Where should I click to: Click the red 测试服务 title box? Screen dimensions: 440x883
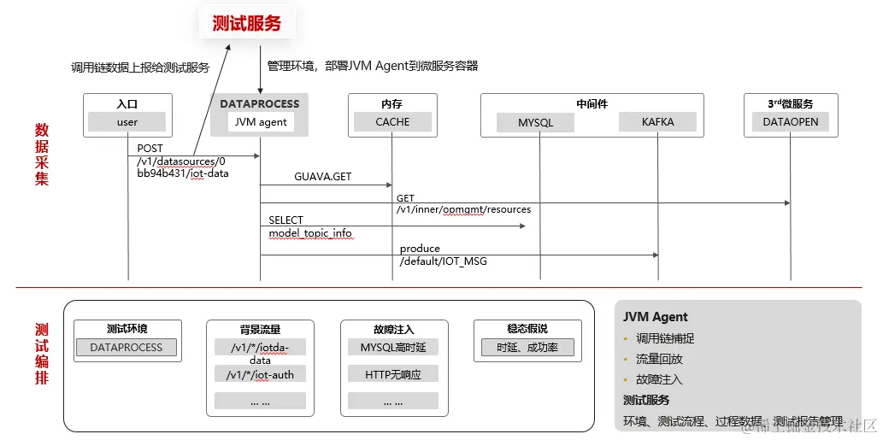[246, 23]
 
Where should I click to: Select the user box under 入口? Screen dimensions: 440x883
[127, 122]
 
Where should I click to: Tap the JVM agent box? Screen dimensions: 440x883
[261, 122]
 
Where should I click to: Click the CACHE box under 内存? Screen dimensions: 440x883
[392, 122]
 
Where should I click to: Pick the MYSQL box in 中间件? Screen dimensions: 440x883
[536, 122]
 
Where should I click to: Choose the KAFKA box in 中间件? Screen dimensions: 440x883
[658, 122]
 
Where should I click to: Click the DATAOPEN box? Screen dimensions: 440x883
[791, 122]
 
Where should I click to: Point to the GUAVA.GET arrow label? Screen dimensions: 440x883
[323, 177]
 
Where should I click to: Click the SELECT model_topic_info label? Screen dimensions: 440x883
[309, 226]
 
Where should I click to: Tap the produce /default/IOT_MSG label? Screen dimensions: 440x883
[443, 255]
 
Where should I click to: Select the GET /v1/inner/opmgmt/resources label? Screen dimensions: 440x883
[462, 204]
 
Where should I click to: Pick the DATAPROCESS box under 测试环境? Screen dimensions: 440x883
[127, 348]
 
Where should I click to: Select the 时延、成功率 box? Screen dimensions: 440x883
[527, 348]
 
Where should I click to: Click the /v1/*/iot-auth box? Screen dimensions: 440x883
[260, 374]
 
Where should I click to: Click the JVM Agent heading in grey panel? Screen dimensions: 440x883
[656, 317]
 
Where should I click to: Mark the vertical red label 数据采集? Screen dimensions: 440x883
[41, 154]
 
